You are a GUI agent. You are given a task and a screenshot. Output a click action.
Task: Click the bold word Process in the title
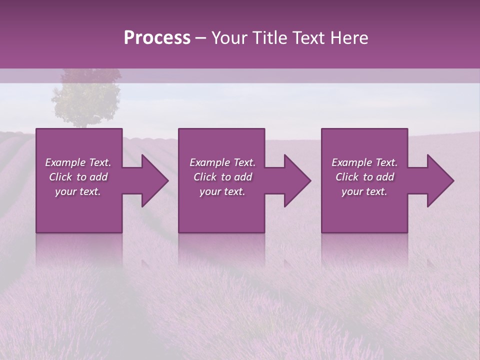pyautogui.click(x=157, y=37)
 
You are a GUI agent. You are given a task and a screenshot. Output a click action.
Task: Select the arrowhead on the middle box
pyautogui.click(x=296, y=180)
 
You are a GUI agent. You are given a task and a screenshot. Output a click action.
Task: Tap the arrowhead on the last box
pyautogui.click(x=439, y=180)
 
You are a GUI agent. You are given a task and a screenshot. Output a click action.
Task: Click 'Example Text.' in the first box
pyautogui.click(x=78, y=162)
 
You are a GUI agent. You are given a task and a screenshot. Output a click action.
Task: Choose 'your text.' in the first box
pyautogui.click(x=78, y=191)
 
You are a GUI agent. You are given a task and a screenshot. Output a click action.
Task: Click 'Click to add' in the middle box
pyautogui.click(x=222, y=177)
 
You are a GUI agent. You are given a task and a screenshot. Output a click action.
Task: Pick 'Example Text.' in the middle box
pyautogui.click(x=222, y=162)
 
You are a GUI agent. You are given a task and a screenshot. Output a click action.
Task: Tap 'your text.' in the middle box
pyautogui.click(x=222, y=191)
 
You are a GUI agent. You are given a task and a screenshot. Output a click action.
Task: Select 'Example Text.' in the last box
pyautogui.click(x=364, y=162)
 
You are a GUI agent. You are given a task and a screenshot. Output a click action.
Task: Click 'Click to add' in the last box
pyautogui.click(x=364, y=177)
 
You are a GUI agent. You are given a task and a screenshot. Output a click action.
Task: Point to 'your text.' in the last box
pyautogui.click(x=364, y=191)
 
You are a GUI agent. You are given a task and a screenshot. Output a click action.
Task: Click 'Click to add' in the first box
pyautogui.click(x=78, y=177)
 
